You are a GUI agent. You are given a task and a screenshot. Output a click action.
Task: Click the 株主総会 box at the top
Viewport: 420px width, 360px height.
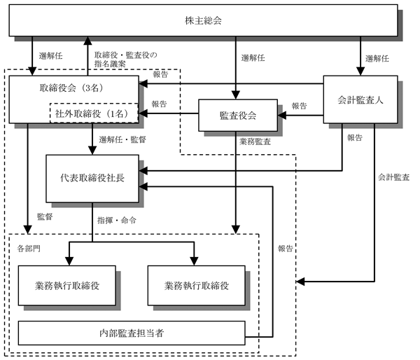click(203, 20)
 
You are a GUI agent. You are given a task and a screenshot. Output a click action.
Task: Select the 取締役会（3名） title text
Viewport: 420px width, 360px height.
click(71, 88)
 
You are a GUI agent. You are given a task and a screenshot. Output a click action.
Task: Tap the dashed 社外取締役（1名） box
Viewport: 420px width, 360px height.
click(94, 113)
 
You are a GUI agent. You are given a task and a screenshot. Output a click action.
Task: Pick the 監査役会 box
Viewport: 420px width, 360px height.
click(238, 116)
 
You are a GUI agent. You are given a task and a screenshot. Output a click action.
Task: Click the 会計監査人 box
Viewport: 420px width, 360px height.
click(360, 99)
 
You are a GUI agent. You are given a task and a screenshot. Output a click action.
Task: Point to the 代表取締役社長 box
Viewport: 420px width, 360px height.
click(92, 179)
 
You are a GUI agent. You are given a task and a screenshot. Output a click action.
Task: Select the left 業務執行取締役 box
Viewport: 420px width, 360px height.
click(67, 286)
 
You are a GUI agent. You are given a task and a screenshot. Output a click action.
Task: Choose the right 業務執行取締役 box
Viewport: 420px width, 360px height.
click(196, 286)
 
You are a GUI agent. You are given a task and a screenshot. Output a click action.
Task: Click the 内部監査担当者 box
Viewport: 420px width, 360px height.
click(132, 333)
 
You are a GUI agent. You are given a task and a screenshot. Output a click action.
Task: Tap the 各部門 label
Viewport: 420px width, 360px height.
click(29, 249)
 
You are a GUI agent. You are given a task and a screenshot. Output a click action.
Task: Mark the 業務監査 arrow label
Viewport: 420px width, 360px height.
click(255, 141)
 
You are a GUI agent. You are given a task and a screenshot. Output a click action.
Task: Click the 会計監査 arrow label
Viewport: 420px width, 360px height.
click(393, 177)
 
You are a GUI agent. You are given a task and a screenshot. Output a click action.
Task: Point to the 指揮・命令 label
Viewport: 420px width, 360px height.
click(117, 221)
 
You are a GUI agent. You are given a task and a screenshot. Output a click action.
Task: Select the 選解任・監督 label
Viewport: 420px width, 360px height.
click(122, 139)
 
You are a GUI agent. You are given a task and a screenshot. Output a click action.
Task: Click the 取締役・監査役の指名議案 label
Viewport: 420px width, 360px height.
click(125, 60)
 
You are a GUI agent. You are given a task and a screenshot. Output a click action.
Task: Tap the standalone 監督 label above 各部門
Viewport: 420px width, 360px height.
click(45, 216)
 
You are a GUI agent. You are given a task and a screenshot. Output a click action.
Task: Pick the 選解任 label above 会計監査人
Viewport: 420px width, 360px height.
click(377, 58)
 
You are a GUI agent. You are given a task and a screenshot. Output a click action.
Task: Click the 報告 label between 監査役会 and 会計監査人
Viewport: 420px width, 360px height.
click(299, 106)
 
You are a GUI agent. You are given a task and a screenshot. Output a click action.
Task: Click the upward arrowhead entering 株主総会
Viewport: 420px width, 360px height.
click(87, 41)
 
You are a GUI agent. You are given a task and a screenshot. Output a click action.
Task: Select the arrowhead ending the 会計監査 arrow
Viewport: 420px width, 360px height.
click(300, 282)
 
